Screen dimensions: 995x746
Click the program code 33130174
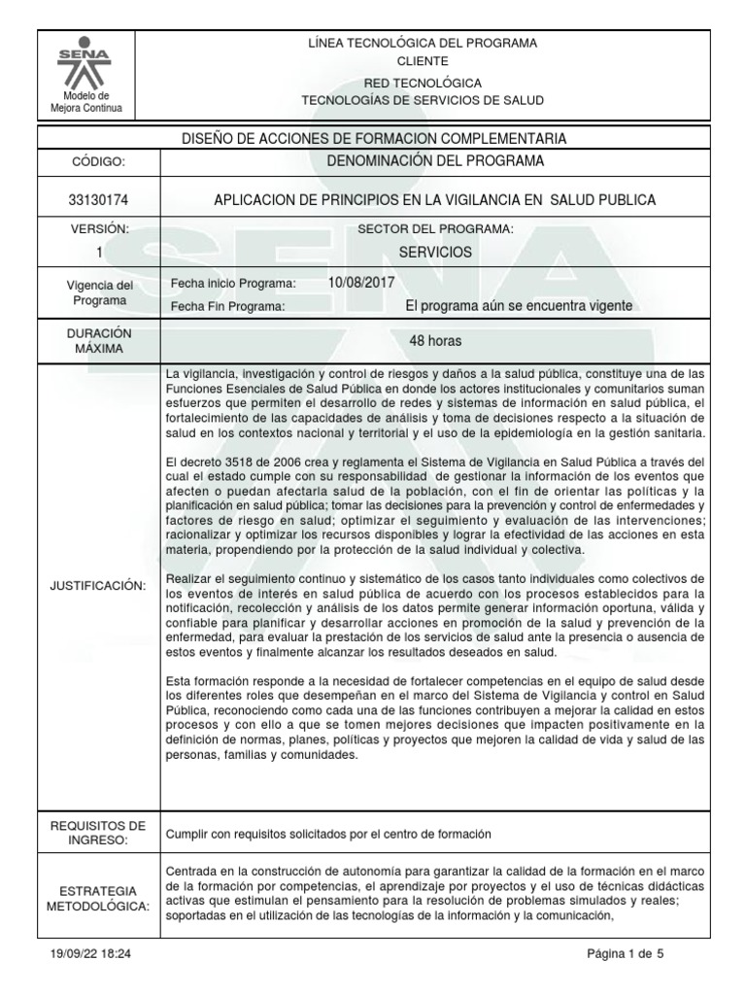pyautogui.click(x=96, y=200)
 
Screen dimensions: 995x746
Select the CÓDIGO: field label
pyautogui.click(x=96, y=161)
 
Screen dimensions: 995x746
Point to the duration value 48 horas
pyautogui.click(x=434, y=341)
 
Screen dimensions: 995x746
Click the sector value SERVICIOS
pyautogui.click(x=435, y=252)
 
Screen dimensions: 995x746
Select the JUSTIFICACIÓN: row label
pyautogui.click(x=96, y=585)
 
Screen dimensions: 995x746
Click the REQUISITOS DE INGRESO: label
pyautogui.click(x=96, y=833)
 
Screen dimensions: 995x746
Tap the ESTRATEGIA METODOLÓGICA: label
pyautogui.click(x=96, y=898)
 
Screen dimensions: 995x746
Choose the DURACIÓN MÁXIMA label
pyautogui.click(x=96, y=339)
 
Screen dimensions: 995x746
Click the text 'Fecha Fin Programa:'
pyautogui.click(x=227, y=306)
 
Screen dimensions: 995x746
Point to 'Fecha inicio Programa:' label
pyautogui.click(x=232, y=283)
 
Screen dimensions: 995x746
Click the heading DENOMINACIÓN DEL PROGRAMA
pyautogui.click(x=434, y=160)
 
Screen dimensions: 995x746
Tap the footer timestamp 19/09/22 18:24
pyautogui.click(x=88, y=954)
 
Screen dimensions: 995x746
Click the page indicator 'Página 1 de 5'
pyautogui.click(x=626, y=954)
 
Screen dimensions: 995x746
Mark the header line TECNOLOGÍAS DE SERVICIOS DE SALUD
pyautogui.click(x=423, y=101)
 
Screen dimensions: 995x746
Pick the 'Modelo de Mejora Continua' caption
pyautogui.click(x=86, y=102)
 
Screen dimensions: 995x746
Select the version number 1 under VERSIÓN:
pyautogui.click(x=96, y=252)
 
